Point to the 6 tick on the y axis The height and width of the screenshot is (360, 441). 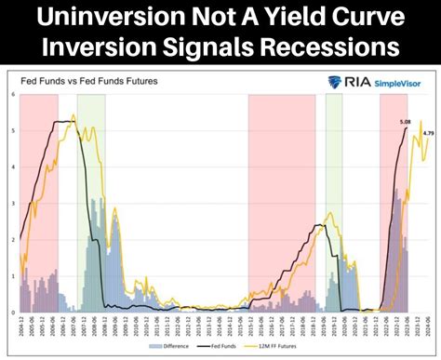pos(12,95)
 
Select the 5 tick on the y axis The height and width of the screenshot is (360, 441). pos(12,131)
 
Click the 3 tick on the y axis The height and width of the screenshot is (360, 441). pos(12,204)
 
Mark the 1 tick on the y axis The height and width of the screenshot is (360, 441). pos(12,276)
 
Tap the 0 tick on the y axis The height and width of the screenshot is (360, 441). pos(12,312)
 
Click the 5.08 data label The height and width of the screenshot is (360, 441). pos(404,121)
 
